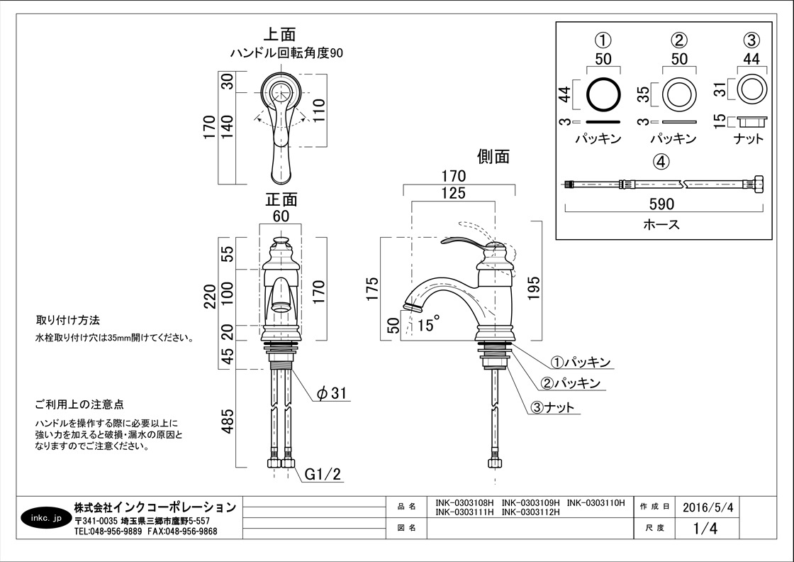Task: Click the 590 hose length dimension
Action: point(661,204)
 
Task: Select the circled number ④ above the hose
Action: point(661,162)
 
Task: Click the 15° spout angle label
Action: point(427,324)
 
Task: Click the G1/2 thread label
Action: point(323,474)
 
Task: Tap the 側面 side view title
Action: point(493,156)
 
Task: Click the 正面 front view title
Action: point(281,199)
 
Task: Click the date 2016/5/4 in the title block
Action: point(707,507)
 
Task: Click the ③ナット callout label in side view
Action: point(552,407)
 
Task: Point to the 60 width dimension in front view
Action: point(281,216)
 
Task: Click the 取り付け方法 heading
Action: point(68,320)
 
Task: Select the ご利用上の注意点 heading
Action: point(79,404)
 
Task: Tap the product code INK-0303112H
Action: point(531,512)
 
